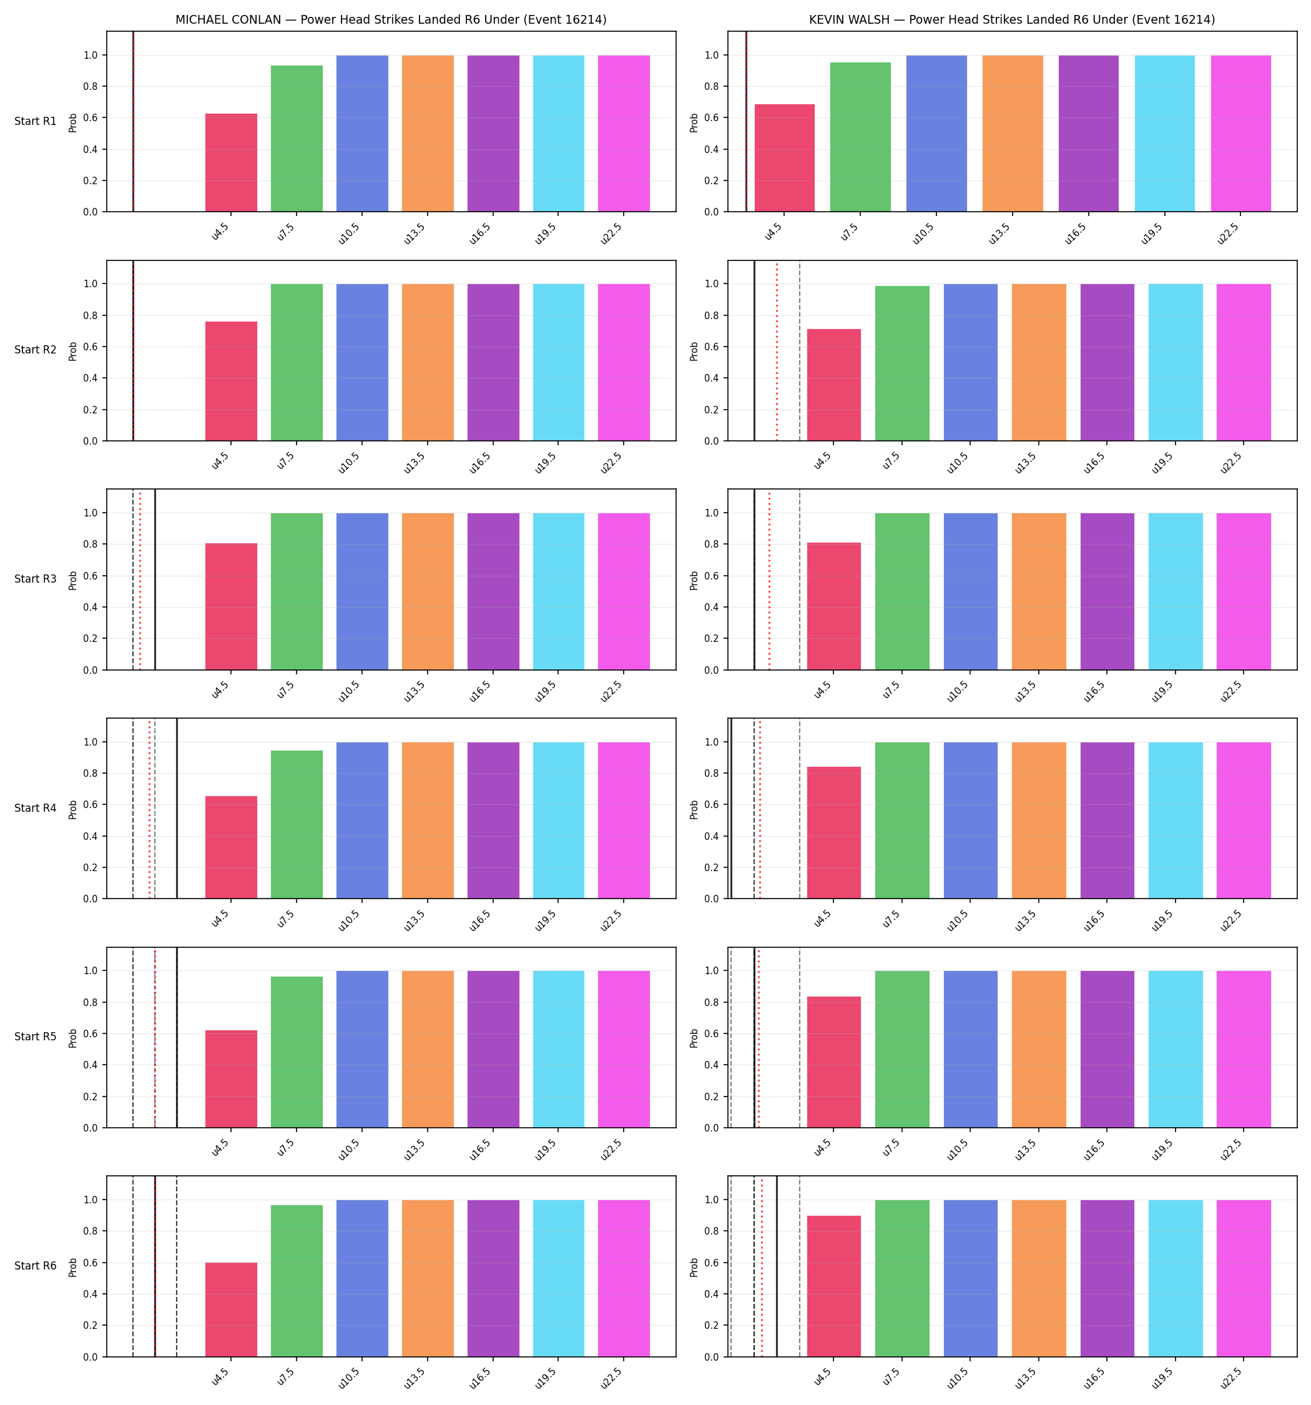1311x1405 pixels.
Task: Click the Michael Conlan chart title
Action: pyautogui.click(x=391, y=20)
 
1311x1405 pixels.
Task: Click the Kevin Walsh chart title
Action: pyautogui.click(x=1012, y=20)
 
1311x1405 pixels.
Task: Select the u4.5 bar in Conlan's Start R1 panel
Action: pyautogui.click(x=231, y=162)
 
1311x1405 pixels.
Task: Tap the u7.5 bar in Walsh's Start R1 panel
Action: pyautogui.click(x=860, y=137)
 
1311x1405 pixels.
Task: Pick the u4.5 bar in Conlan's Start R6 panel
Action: pyautogui.click(x=231, y=1309)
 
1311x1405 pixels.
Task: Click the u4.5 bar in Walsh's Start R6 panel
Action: pyautogui.click(x=834, y=1286)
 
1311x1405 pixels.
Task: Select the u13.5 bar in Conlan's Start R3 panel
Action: pyautogui.click(x=428, y=591)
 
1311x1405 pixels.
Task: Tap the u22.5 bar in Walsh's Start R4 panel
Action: pyautogui.click(x=1244, y=821)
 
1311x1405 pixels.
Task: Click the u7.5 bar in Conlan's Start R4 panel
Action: pyautogui.click(x=297, y=825)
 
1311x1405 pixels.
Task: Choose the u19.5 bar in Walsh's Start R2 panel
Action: pyautogui.click(x=1176, y=363)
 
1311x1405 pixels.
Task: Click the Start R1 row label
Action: pyautogui.click(x=36, y=121)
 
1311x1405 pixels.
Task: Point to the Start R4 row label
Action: pyautogui.click(x=36, y=808)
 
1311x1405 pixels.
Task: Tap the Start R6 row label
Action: pyautogui.click(x=36, y=1266)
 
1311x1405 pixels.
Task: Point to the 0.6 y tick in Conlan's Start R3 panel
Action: pyautogui.click(x=91, y=576)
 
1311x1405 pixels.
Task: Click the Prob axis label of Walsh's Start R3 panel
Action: pyautogui.click(x=694, y=580)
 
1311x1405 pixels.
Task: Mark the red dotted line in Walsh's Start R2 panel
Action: pyautogui.click(x=777, y=351)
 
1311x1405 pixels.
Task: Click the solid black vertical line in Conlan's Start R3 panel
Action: pyautogui.click(x=155, y=579)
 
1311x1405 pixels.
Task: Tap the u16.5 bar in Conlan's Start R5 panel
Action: pyautogui.click(x=493, y=1050)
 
